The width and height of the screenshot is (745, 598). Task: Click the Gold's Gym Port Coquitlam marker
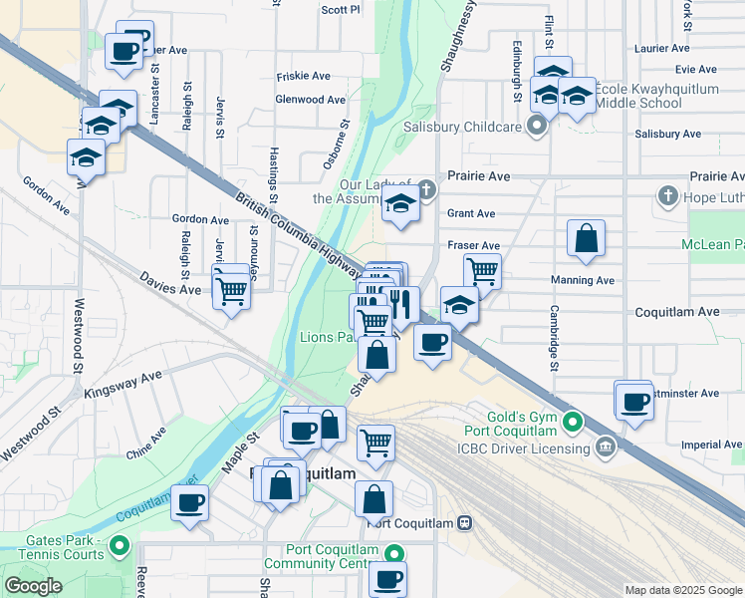pos(572,423)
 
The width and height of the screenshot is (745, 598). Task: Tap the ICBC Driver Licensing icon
pos(606,444)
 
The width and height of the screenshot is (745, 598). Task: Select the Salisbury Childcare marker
pos(539,127)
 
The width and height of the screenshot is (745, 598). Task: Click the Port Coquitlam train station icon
pos(464,523)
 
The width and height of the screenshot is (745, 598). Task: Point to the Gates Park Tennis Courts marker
pos(121,545)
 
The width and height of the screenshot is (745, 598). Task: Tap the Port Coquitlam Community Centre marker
pos(395,554)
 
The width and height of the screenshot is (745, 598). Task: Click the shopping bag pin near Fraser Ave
pos(586,238)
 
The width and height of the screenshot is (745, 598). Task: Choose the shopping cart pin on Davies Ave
pos(231,291)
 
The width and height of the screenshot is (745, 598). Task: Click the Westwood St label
pos(76,339)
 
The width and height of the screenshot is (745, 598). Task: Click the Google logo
pos(34,586)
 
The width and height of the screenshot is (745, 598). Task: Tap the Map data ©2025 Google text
pos(682,590)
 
